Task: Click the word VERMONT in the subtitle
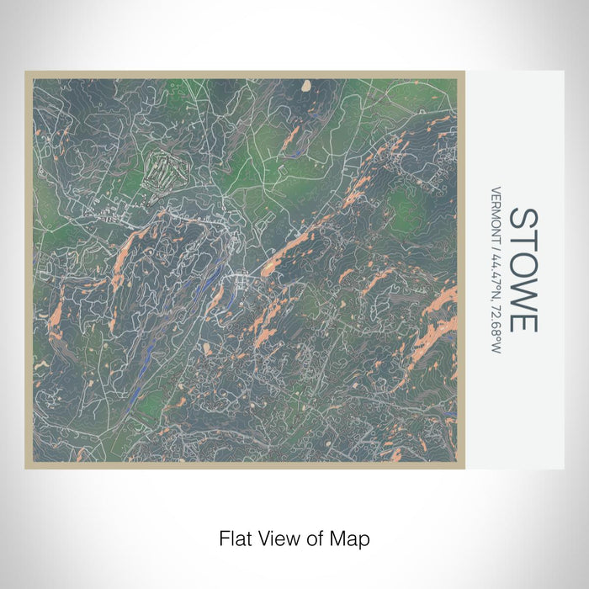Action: click(496, 213)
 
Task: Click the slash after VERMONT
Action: click(496, 244)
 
